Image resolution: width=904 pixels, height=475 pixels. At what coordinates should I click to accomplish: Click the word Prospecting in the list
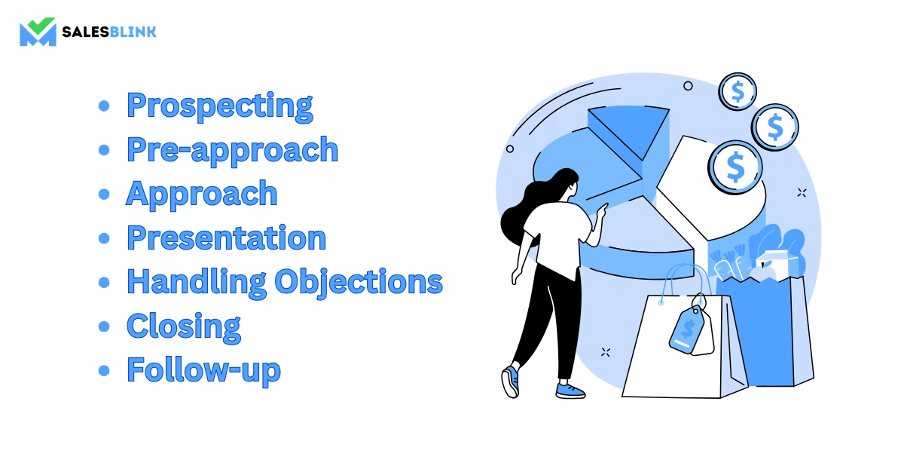(x=219, y=106)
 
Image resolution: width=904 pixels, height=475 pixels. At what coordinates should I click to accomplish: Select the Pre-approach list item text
(x=233, y=150)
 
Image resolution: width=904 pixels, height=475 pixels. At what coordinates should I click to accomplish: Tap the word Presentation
(x=227, y=238)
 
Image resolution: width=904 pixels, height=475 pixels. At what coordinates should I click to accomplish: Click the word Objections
(x=359, y=282)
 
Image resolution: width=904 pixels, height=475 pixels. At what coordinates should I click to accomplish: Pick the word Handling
(x=197, y=282)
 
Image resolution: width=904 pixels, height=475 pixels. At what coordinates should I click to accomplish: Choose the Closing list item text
(x=184, y=326)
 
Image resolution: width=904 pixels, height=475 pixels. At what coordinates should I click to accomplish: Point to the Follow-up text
(x=203, y=370)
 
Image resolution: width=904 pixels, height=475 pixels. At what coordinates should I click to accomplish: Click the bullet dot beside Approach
(x=104, y=195)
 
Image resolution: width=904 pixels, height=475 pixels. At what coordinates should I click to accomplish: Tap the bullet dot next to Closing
(x=104, y=326)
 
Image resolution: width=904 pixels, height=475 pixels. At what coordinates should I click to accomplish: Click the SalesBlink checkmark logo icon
(x=38, y=32)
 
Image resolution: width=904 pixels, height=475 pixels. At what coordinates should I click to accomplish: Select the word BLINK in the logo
(x=133, y=32)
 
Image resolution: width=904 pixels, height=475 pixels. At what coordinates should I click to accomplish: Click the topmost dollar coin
(x=738, y=92)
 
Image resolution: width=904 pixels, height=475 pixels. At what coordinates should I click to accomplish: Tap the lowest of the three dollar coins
(x=735, y=167)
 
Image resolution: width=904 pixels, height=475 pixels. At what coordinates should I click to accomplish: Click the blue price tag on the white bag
(x=686, y=329)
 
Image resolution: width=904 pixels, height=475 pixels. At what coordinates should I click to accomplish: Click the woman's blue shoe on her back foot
(x=511, y=382)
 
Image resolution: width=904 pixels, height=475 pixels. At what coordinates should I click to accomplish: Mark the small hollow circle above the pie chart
(x=688, y=86)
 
